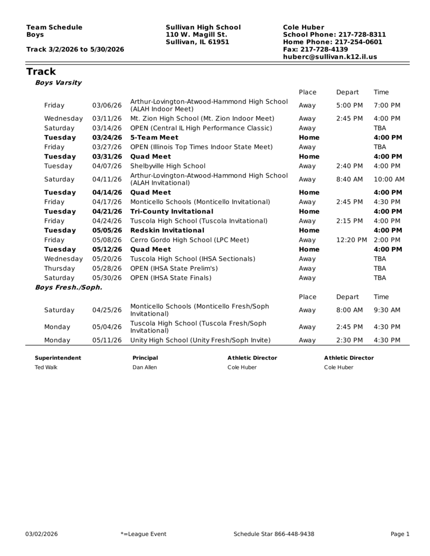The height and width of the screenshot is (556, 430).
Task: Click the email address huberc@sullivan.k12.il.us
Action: [x=329, y=56]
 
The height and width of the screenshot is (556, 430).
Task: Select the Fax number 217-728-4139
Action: [x=315, y=49]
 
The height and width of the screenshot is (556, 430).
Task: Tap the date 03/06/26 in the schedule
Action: [x=107, y=105]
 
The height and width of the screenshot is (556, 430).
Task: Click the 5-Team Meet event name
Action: [x=154, y=137]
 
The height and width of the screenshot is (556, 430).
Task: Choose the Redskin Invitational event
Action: [x=167, y=230]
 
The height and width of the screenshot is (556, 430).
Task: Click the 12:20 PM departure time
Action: [x=351, y=240]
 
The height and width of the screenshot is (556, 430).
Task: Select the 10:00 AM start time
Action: [x=389, y=179]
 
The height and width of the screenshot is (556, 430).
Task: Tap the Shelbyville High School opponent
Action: [x=167, y=166]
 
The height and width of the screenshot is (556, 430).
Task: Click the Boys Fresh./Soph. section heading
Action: [x=68, y=287]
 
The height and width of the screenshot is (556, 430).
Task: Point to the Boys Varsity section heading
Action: [x=58, y=83]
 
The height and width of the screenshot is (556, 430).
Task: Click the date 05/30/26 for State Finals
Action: [x=107, y=278]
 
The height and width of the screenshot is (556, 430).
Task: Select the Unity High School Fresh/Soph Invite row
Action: [x=200, y=340]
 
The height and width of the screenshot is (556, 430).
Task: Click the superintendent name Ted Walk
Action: [x=46, y=368]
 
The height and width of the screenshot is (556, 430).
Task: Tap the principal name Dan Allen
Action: [x=145, y=368]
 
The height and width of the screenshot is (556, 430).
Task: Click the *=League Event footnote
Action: [x=144, y=534]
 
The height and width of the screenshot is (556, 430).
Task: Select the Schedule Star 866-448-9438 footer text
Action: [x=273, y=534]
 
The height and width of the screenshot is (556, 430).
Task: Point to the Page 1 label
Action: [x=400, y=534]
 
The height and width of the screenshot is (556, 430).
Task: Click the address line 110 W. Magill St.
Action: [x=196, y=35]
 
